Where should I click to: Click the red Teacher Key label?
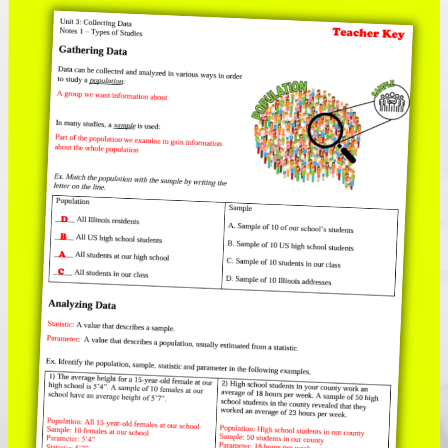[x=368, y=33]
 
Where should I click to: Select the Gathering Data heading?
[x=93, y=51]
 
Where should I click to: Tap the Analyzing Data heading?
[x=82, y=304]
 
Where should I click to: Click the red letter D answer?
[x=64, y=219]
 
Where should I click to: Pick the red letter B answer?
[x=63, y=237]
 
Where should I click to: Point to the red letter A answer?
[x=62, y=254]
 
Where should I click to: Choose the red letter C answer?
[x=61, y=272]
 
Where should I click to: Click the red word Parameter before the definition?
[x=63, y=338]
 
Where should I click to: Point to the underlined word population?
[x=106, y=81]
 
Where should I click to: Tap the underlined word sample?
[x=124, y=125]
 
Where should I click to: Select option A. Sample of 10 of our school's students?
[x=290, y=228]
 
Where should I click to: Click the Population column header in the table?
[x=73, y=201]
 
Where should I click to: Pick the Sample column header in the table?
[x=240, y=208]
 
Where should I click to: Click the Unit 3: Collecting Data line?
[x=95, y=23]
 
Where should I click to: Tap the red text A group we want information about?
[x=112, y=95]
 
